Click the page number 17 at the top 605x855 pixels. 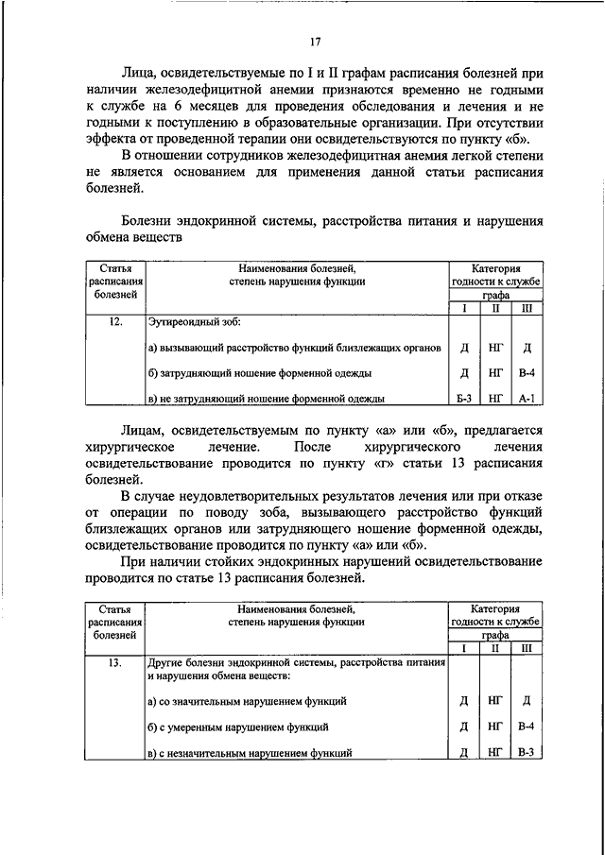coord(314,41)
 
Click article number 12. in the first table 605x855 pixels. coord(116,322)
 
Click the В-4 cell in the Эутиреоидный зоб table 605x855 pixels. coord(527,373)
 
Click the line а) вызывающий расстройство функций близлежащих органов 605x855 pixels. coord(295,348)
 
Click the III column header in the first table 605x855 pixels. coord(527,308)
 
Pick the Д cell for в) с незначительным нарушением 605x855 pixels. coord(463,752)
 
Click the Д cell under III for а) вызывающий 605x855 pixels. coord(527,348)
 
